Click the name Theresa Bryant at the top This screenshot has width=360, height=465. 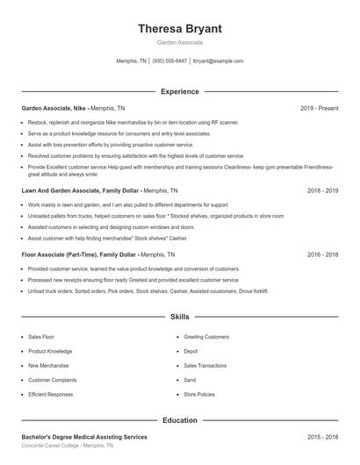180,29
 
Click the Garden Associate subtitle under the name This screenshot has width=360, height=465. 180,42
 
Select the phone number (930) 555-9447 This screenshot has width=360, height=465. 169,61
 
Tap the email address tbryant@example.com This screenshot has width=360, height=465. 218,61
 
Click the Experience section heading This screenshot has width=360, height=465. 180,91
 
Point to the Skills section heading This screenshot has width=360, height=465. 180,316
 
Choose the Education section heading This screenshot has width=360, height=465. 180,420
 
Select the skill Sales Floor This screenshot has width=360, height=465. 40,336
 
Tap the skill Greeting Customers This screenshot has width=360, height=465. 205,336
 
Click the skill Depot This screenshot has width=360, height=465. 191,351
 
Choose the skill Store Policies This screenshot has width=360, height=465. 198,395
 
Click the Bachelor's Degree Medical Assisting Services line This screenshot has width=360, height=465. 84,436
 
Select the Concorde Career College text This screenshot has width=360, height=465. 53,446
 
